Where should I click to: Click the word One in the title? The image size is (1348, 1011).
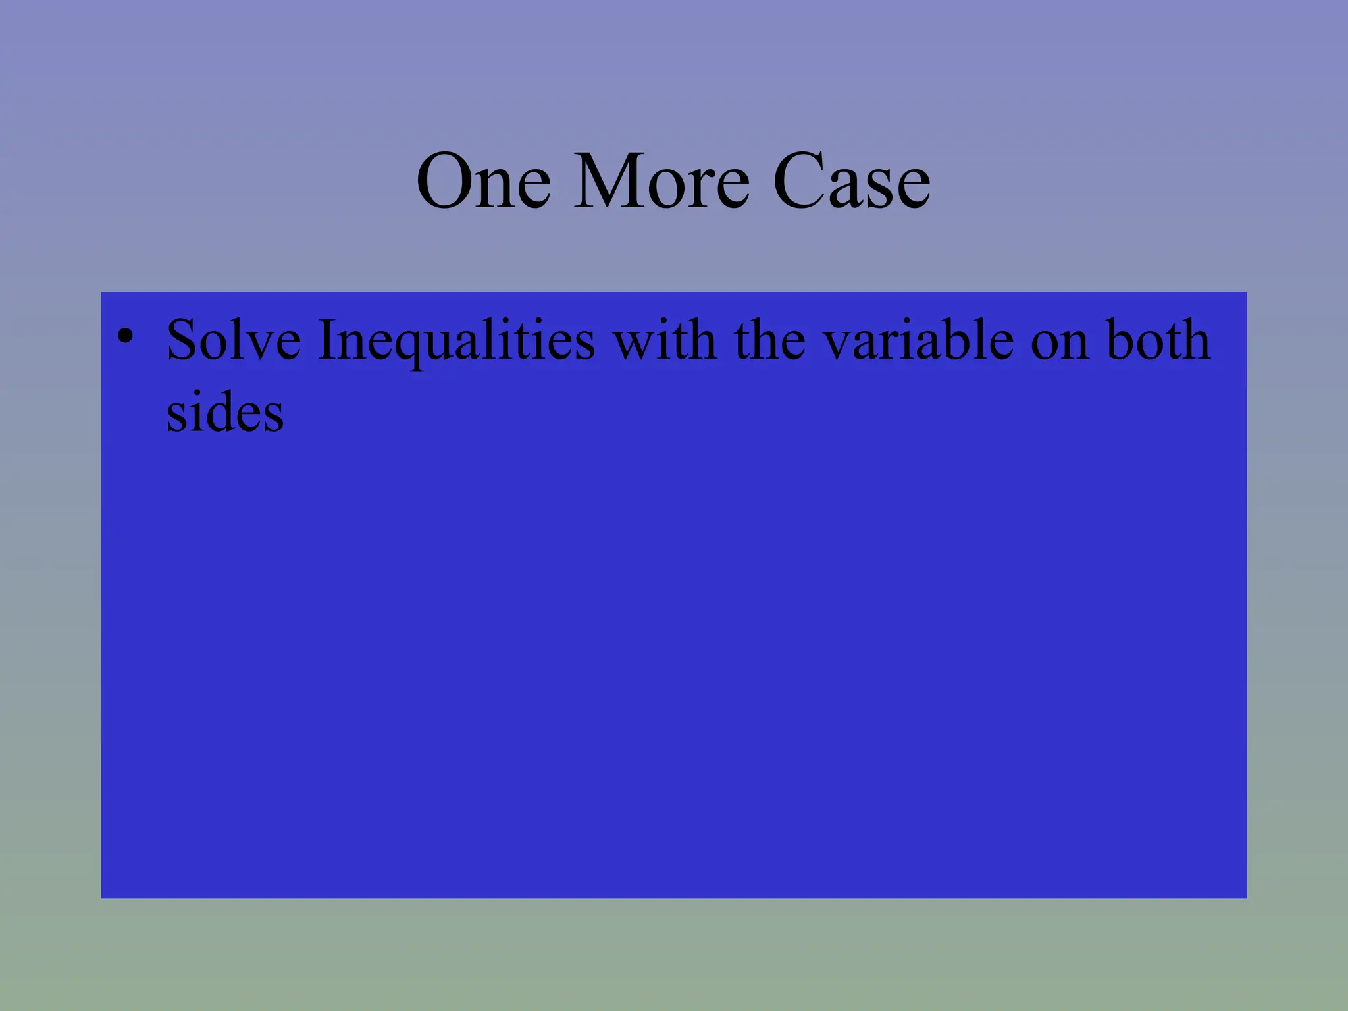[484, 181]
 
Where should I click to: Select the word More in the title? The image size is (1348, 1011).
[661, 181]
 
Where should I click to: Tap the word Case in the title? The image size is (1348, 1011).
[851, 181]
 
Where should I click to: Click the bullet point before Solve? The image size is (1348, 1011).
[125, 337]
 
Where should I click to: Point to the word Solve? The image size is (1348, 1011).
[234, 340]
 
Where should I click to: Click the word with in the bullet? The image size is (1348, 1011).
[665, 340]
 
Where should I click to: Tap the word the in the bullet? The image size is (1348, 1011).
[769, 340]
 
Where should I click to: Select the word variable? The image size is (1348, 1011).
[919, 340]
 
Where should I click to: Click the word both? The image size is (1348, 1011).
[1158, 340]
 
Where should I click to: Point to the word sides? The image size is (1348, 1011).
[225, 413]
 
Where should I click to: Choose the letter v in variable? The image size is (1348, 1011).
[838, 345]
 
